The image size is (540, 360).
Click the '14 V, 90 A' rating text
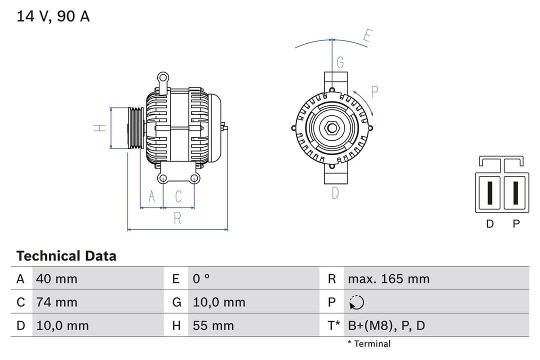coord(53,16)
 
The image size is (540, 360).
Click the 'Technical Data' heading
coord(66,256)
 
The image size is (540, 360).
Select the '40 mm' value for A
coord(56,278)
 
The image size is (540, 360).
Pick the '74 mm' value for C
coord(56,302)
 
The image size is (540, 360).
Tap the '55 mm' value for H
coord(213,325)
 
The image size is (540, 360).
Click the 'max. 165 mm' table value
coord(388,278)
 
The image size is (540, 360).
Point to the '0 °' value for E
coord(201,278)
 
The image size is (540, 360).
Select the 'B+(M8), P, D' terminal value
coord(386,325)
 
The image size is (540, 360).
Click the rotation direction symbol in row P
coord(356,302)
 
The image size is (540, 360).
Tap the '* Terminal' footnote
coord(369,343)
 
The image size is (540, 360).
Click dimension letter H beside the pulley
coord(100,127)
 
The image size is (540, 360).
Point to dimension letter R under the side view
coord(177,218)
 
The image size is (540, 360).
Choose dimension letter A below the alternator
coord(152,196)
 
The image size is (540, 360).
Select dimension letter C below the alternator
coord(178,196)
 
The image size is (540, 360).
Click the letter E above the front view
coord(367,36)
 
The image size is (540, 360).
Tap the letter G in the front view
coord(340,62)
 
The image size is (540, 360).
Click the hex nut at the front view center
coord(332,128)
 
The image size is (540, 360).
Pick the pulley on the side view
coord(136,127)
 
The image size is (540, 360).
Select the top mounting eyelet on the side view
coord(162,77)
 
